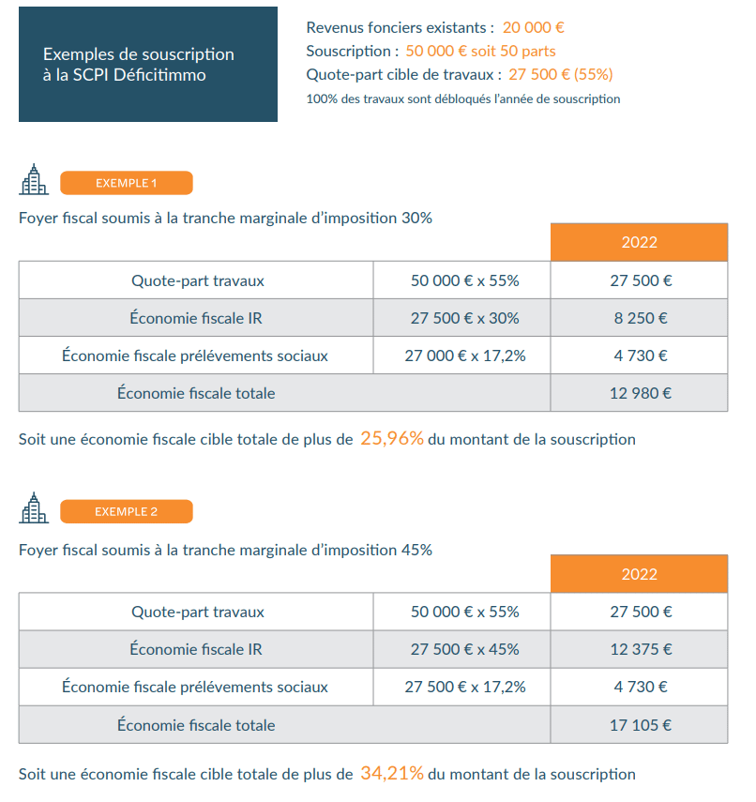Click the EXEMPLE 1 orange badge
[x=127, y=183]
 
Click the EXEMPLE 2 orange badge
[x=127, y=511]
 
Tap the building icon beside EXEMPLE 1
[x=34, y=179]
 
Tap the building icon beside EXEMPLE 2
[x=34, y=507]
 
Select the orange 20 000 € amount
[x=533, y=27]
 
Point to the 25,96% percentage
[x=392, y=438]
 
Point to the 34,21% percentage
[x=392, y=773]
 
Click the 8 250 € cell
[x=640, y=318]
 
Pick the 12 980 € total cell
[x=640, y=393]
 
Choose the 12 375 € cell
[x=640, y=649]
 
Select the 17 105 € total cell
[x=640, y=725]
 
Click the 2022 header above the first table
[x=640, y=242]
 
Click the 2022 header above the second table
[x=640, y=574]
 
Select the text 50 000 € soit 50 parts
[x=480, y=52]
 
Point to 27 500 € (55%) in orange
[x=561, y=75]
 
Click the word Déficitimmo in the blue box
[x=159, y=75]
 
